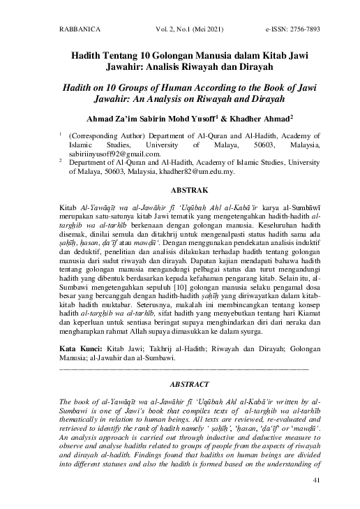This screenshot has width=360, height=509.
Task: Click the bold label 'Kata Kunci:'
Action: click(78, 347)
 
